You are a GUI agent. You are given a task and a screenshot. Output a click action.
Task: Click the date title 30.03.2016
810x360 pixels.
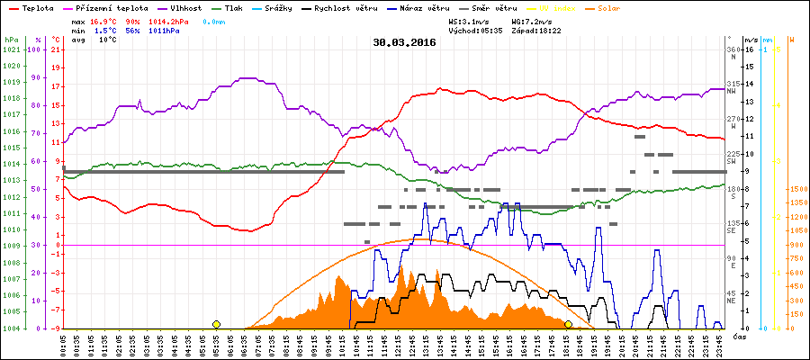pyautogui.click(x=404, y=41)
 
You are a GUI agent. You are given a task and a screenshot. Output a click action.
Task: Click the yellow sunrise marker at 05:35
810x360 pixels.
pyautogui.click(x=216, y=324)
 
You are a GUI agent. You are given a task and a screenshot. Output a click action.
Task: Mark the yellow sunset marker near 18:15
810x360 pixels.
pyautogui.click(x=568, y=324)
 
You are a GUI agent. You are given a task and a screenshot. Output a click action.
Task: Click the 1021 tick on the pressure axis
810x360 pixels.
pyautogui.click(x=11, y=49)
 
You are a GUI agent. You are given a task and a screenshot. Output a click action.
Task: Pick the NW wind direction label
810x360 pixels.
pyautogui.click(x=733, y=92)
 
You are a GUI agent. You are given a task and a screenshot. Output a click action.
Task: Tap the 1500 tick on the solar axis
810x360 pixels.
pyautogui.click(x=774, y=189)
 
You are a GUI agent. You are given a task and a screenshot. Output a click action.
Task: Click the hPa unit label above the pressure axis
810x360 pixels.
pyautogui.click(x=11, y=40)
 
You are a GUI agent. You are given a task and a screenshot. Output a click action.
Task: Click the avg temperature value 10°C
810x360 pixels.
pyautogui.click(x=108, y=40)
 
